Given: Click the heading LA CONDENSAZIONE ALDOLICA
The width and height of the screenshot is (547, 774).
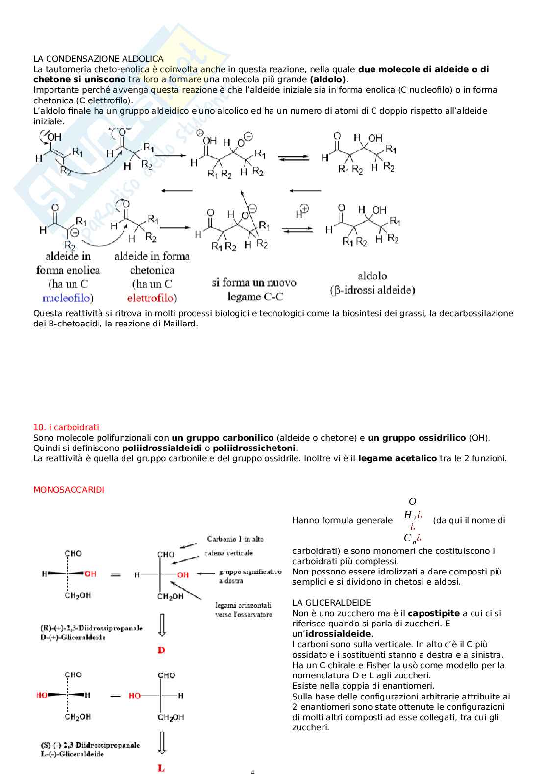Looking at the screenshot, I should tap(98, 59).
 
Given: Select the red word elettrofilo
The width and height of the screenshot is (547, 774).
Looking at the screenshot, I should tap(150, 298).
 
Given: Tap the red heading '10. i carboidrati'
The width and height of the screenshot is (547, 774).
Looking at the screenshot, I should tap(66, 427).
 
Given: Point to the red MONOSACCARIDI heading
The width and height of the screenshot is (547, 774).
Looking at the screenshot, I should tap(69, 490).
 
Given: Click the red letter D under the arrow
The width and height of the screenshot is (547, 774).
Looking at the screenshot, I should tap(161, 650).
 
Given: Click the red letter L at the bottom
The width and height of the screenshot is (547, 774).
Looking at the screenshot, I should tap(161, 768).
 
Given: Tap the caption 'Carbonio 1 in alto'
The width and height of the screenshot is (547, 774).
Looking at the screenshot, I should tap(235, 539).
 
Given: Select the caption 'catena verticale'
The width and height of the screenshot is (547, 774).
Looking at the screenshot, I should tap(228, 553).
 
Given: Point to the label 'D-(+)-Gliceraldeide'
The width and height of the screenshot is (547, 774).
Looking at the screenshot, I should tap(73, 638).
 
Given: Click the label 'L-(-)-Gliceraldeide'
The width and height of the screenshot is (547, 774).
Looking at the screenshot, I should tap(73, 754).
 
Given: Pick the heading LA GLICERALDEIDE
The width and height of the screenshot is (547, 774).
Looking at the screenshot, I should tap(331, 603).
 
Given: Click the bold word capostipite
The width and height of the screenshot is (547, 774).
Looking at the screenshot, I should tap(433, 613).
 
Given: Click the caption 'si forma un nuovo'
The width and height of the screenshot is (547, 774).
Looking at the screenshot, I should tap(254, 283).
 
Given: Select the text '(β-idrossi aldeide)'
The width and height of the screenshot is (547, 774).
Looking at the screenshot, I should tap(373, 290).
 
